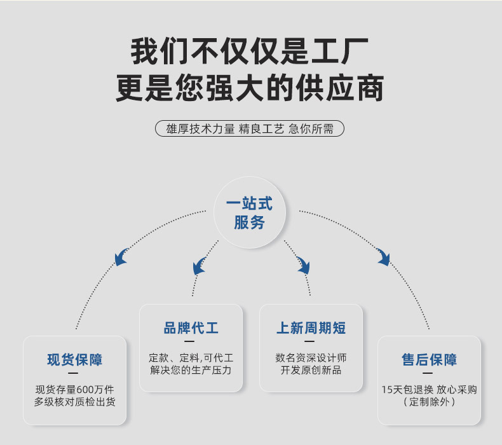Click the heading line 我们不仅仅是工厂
(x=250, y=52)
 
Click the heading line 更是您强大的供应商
(x=250, y=89)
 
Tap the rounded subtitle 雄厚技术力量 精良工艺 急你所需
(x=250, y=128)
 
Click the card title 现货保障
(x=75, y=360)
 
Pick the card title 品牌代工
(x=191, y=328)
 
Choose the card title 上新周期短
(x=311, y=328)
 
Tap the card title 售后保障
(x=429, y=360)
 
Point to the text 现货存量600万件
(x=75, y=389)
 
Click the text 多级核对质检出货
(x=75, y=402)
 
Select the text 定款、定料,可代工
(x=191, y=357)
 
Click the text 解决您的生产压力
(x=191, y=370)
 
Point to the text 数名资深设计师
(x=311, y=357)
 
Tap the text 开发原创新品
(x=311, y=370)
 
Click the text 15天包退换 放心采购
(x=429, y=389)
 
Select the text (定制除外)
(x=429, y=402)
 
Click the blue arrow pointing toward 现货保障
(x=120, y=257)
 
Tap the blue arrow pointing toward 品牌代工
(x=200, y=266)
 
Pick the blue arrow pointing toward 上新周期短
(x=303, y=264)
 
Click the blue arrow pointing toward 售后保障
(x=383, y=256)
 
